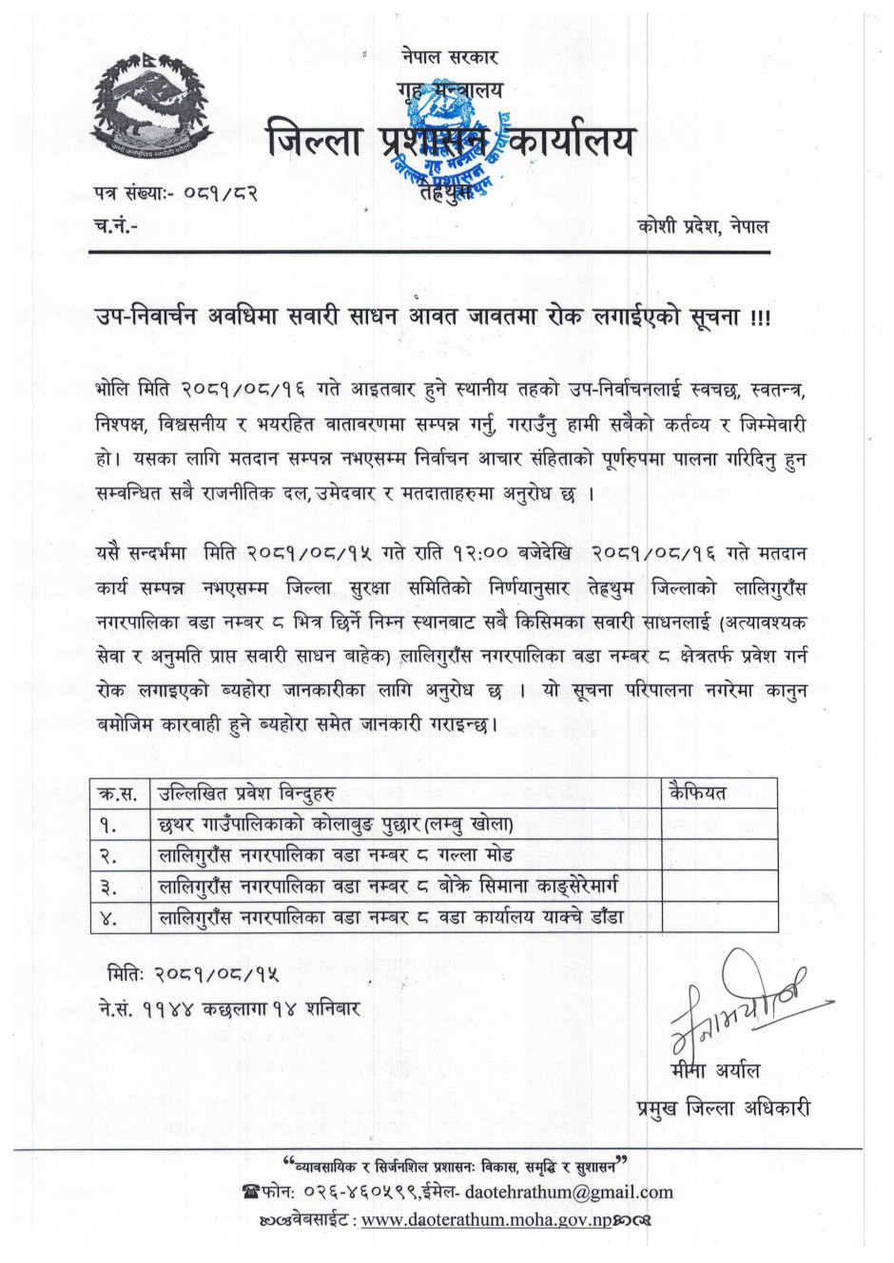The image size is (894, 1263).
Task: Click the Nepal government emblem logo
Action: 149,109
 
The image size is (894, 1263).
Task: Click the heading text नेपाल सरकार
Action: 449,57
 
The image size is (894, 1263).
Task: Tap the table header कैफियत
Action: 697,793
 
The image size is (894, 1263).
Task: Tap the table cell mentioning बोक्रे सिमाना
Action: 389,887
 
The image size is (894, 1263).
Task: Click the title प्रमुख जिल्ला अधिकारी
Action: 723,1107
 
